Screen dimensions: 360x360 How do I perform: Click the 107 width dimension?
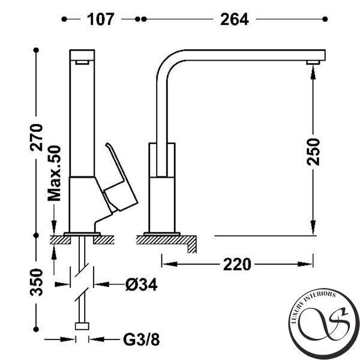101,19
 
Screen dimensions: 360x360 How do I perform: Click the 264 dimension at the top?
235,19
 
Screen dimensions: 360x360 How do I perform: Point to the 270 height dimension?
36,137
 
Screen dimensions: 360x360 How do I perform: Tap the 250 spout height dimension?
313,152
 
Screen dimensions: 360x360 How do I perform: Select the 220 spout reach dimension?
237,264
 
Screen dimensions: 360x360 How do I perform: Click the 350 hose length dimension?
36,282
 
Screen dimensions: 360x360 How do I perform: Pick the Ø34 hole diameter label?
142,284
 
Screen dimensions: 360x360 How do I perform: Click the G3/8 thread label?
141,340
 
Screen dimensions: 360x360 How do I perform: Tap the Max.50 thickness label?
54,173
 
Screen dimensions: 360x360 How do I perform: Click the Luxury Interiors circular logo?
324,323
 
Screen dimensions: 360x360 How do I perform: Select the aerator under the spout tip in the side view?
313,62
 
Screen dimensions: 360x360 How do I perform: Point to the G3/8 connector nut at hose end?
82,326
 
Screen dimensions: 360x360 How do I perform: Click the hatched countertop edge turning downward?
192,244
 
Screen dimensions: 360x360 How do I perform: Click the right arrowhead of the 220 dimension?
305,264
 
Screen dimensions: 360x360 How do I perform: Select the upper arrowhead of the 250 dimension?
313,71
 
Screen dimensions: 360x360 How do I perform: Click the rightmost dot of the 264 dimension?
325,19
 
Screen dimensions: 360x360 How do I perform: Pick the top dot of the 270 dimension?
36,50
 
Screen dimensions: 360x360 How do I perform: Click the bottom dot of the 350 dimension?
36,329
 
